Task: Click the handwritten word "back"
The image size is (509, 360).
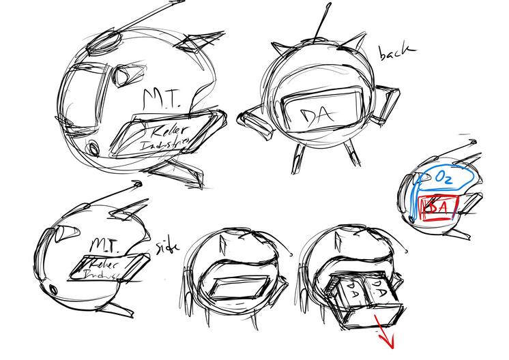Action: click(x=396, y=51)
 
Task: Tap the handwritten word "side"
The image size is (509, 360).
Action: click(x=167, y=246)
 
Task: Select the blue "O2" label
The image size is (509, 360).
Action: click(x=441, y=180)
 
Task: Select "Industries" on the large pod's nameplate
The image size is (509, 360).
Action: click(x=166, y=143)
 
